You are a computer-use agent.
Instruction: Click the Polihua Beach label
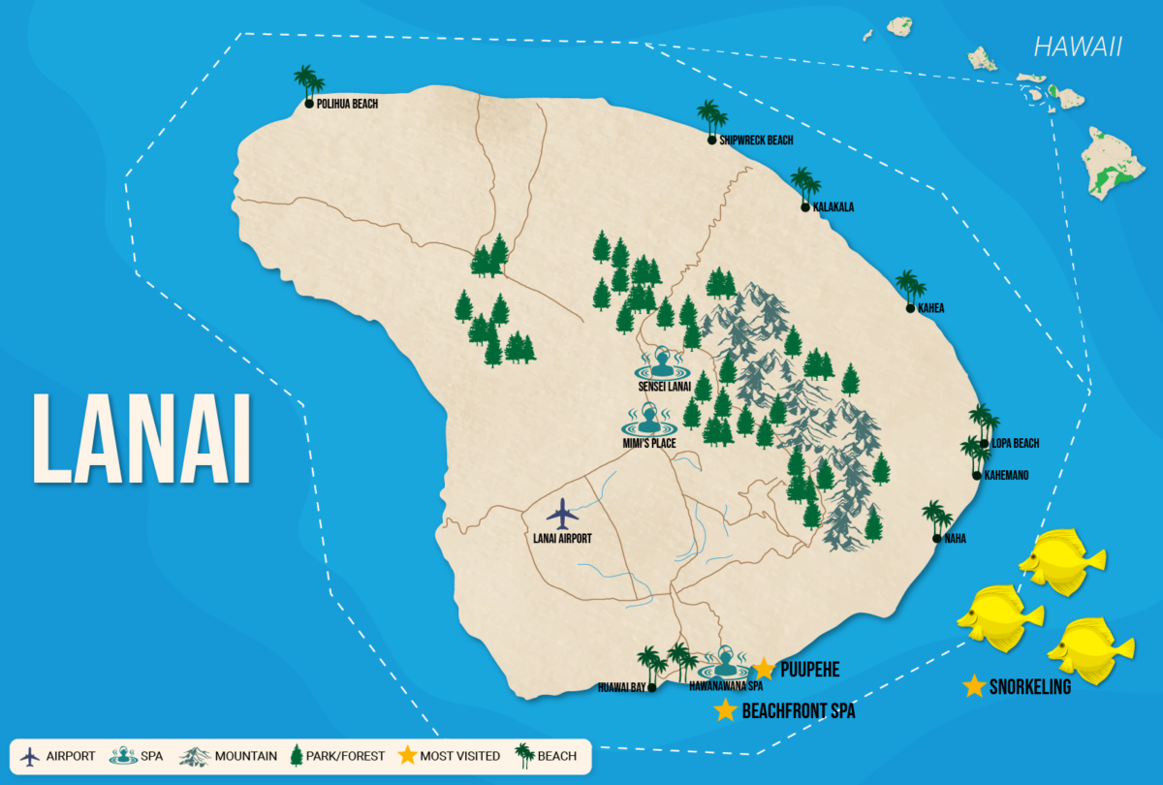(346, 105)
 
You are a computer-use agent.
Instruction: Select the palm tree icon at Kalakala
(804, 184)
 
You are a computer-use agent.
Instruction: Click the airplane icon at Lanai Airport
(562, 513)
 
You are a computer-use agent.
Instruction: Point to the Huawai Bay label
(621, 688)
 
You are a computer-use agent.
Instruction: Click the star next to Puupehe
(765, 669)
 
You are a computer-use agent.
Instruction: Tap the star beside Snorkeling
(975, 686)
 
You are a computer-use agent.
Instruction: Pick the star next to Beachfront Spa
(725, 710)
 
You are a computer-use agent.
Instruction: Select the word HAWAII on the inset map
(1078, 47)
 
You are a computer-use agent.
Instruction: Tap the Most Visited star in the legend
(408, 755)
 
